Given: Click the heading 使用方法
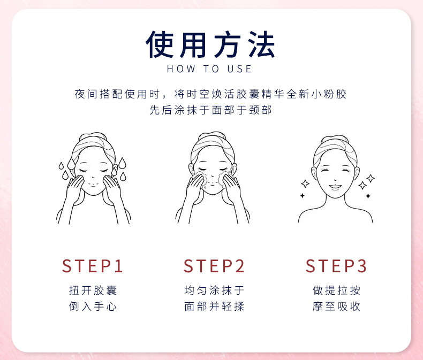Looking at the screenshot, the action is click(210, 44).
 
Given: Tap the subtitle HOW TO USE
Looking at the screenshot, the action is click(209, 69).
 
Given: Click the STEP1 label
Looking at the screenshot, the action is click(93, 266).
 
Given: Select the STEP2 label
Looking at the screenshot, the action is click(214, 266).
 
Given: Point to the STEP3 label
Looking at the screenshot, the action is click(336, 266).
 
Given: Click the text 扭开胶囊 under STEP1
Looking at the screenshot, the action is click(93, 290).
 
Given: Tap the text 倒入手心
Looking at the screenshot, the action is click(93, 307).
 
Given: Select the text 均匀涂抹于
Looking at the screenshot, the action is click(215, 290).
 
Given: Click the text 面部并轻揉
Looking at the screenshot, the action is click(215, 307).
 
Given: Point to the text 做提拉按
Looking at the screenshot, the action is click(336, 290).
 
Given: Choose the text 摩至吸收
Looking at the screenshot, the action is click(336, 307).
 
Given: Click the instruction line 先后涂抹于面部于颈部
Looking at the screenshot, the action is click(210, 110).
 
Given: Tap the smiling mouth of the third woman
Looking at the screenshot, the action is click(335, 187).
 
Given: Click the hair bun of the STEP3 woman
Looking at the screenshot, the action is click(335, 139).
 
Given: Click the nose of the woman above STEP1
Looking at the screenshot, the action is click(93, 177).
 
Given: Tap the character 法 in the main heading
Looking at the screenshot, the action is click(261, 44).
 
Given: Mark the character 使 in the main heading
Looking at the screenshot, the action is click(159, 44).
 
